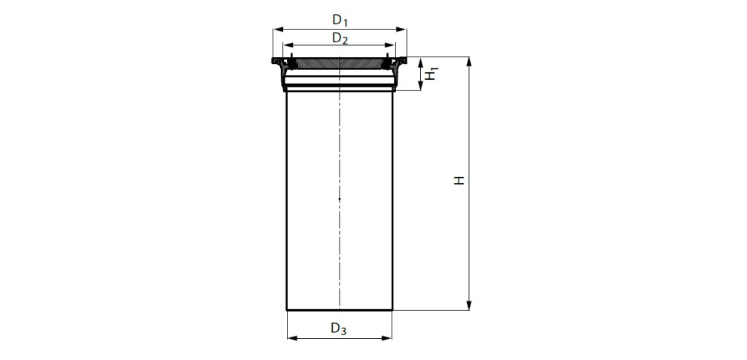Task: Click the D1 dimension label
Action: pos(340,21)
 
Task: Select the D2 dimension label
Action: pos(340,38)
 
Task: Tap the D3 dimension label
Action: pos(339,328)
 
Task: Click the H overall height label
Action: pos(458,181)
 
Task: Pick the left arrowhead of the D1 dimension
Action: pos(276,30)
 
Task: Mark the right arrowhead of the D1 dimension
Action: pos(403,30)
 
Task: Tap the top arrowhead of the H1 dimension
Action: pos(420,61)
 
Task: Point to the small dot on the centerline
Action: pos(340,199)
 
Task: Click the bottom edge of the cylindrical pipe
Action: pos(339,310)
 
